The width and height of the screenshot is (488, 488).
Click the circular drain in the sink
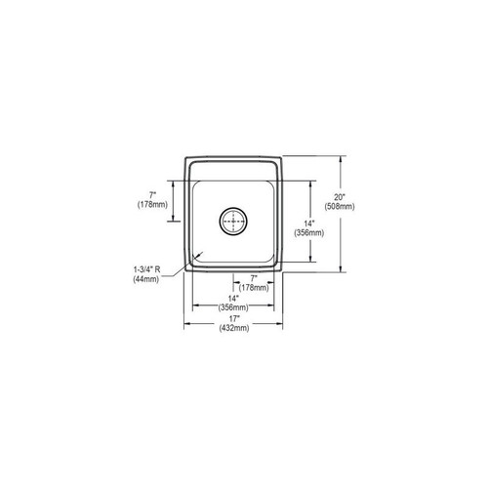click(x=233, y=222)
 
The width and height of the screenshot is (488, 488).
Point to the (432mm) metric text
click(x=235, y=328)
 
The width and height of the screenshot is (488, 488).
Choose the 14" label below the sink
click(x=235, y=298)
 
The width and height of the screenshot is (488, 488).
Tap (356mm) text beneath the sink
click(x=235, y=307)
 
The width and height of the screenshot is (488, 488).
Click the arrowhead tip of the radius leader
click(x=201, y=253)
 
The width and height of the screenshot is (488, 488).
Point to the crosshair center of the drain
click(x=233, y=222)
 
